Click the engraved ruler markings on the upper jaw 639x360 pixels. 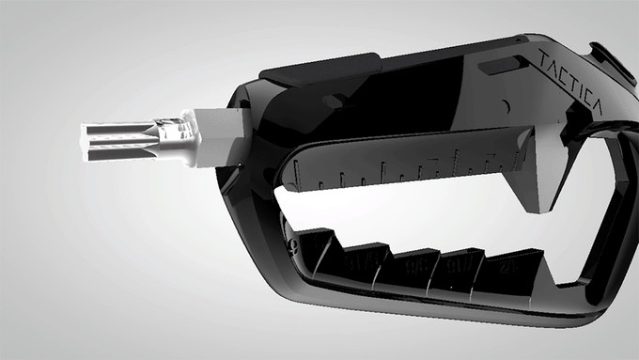point(404,167)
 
